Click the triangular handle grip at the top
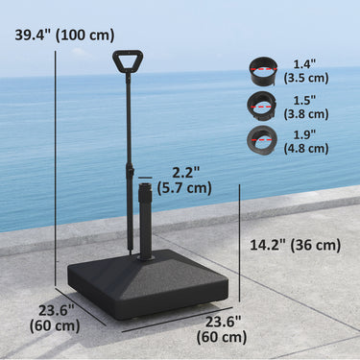click(x=126, y=61)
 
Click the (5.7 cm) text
click(x=185, y=188)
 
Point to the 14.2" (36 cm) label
click(x=295, y=245)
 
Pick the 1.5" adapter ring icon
click(x=262, y=103)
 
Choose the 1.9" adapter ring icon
click(x=262, y=137)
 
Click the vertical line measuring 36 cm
click(x=239, y=235)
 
